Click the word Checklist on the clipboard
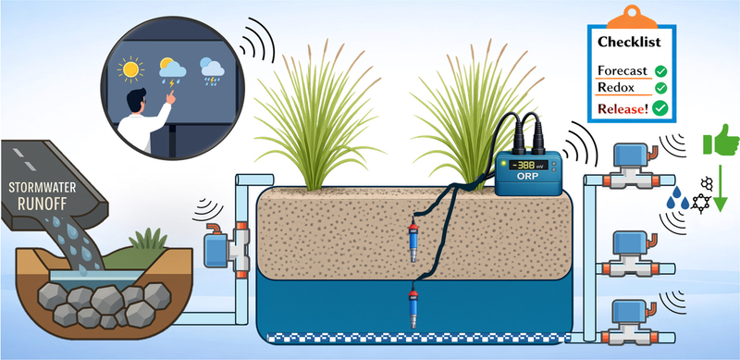tap(629, 42)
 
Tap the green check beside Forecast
tap(660, 71)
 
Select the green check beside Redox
tap(660, 88)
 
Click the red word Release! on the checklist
tap(623, 109)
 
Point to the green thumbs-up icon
tap(721, 142)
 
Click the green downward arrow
tap(720, 187)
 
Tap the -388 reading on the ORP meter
tap(524, 166)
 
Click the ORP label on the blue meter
tap(528, 180)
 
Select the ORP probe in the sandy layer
tap(413, 239)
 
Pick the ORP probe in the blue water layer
tap(413, 307)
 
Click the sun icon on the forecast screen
tap(129, 69)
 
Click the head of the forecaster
tap(139, 99)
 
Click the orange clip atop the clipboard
tap(632, 17)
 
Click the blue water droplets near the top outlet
tap(677, 198)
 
